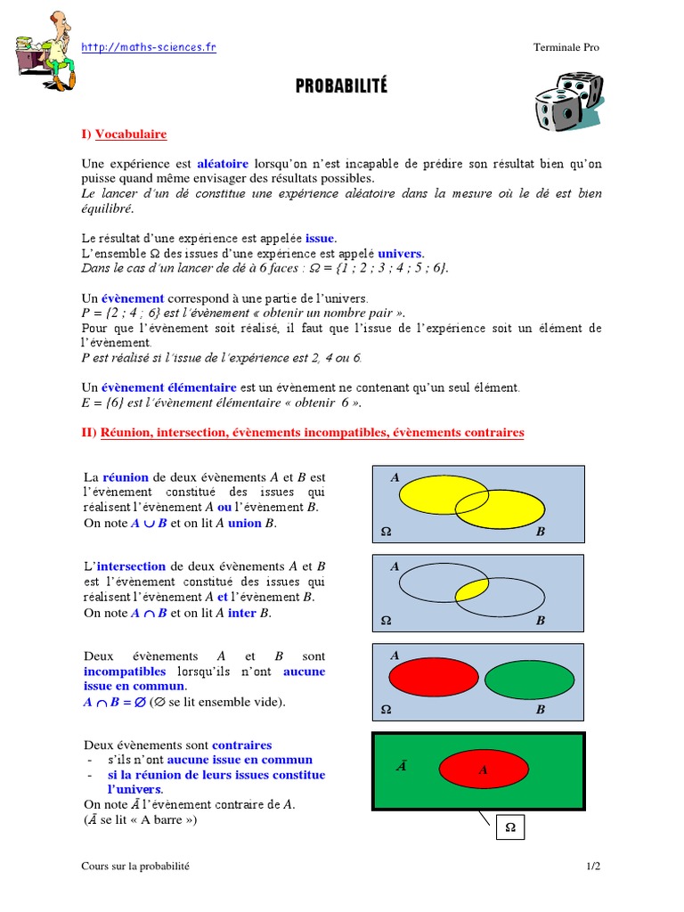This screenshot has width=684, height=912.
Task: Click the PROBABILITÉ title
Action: (342, 86)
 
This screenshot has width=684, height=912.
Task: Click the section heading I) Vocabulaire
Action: (124, 134)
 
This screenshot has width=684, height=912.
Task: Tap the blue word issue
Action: (321, 240)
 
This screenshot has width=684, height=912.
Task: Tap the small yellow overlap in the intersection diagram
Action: (471, 590)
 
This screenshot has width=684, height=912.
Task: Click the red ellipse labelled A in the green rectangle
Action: (481, 769)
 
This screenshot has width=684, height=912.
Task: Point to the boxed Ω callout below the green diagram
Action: (510, 827)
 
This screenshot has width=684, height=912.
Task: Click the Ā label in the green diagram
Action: (402, 765)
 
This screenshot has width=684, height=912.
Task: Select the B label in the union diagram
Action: (540, 532)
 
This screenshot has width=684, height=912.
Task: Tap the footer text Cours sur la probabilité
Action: (135, 866)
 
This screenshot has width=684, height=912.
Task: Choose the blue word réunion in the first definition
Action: (126, 477)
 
